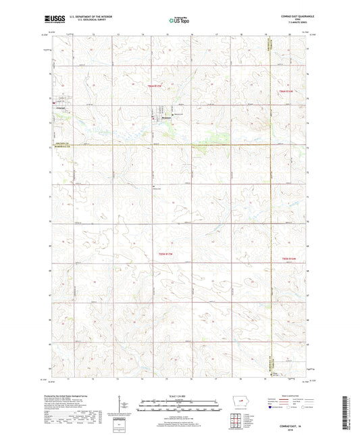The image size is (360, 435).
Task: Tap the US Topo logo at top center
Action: pyautogui.click(x=180, y=21)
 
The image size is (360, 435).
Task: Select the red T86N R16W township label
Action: pyautogui.click(x=288, y=91)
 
